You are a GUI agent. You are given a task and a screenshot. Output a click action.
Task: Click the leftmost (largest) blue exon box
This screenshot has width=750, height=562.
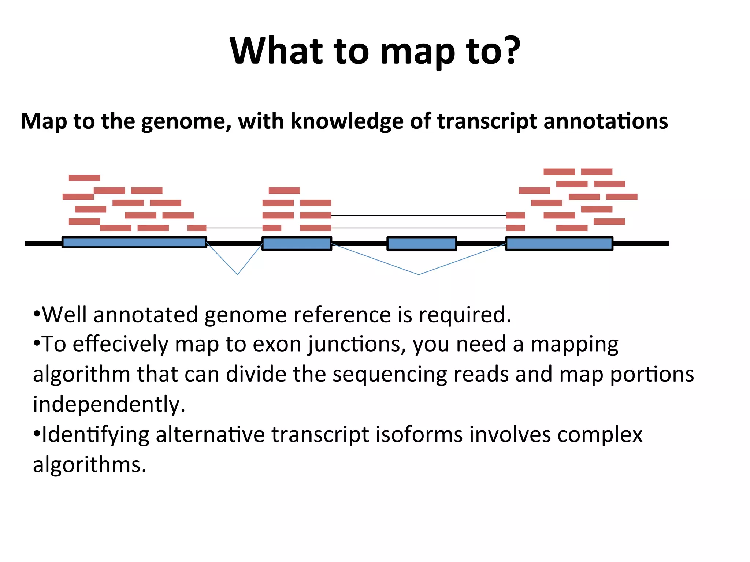click(134, 242)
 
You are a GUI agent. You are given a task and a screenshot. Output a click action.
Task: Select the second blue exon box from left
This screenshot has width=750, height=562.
click(297, 243)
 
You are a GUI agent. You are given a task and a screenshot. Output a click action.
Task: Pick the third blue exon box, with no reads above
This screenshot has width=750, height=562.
click(422, 243)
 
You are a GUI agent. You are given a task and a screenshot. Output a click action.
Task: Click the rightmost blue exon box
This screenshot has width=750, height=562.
click(559, 243)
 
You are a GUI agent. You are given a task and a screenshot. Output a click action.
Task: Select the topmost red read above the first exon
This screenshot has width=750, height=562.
click(84, 178)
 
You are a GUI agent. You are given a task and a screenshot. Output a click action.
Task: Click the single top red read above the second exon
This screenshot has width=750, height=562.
click(284, 190)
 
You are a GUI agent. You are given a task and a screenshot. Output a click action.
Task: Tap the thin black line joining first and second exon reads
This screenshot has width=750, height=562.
click(234, 228)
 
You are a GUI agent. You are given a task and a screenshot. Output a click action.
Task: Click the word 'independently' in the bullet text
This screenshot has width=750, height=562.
click(108, 404)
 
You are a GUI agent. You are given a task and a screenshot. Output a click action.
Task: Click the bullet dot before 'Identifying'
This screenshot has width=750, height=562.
click(36, 434)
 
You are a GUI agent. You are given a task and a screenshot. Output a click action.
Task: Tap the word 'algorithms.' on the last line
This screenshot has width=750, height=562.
click(89, 465)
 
